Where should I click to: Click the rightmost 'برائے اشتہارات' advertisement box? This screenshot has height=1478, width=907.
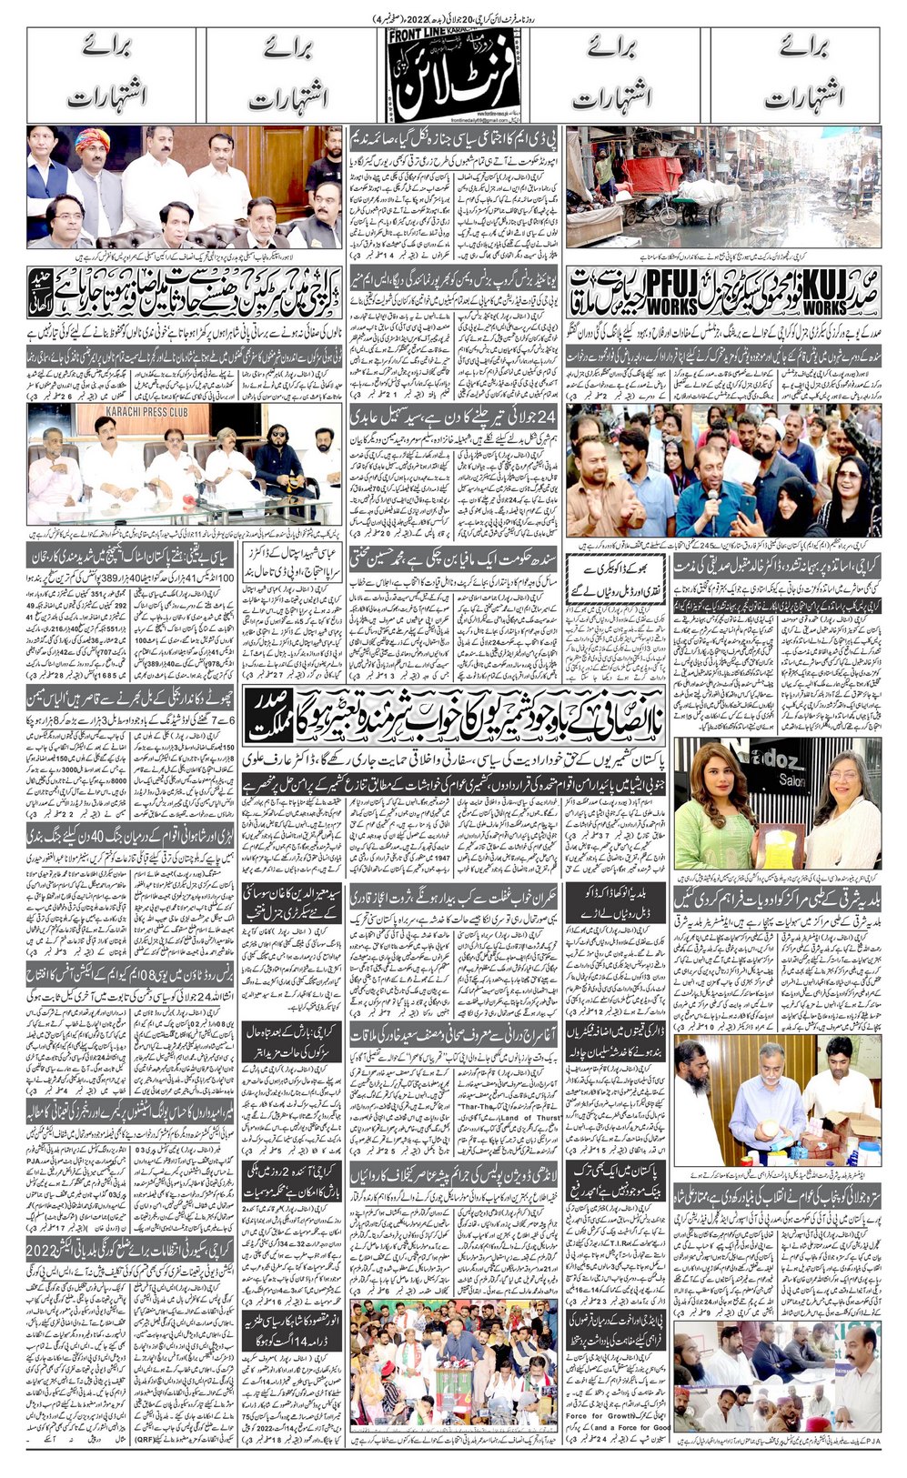tap(796, 76)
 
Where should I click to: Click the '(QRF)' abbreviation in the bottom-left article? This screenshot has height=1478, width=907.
tap(146, 1440)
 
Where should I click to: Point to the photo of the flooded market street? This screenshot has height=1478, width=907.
tap(723, 186)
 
